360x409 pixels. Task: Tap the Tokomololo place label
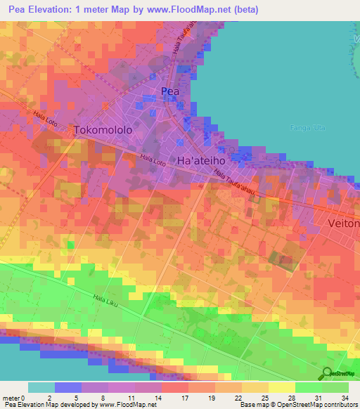[103, 130]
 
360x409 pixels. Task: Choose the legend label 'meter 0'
[13, 396]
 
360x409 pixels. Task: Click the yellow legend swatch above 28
[281, 387]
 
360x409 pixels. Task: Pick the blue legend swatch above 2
[68, 387]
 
